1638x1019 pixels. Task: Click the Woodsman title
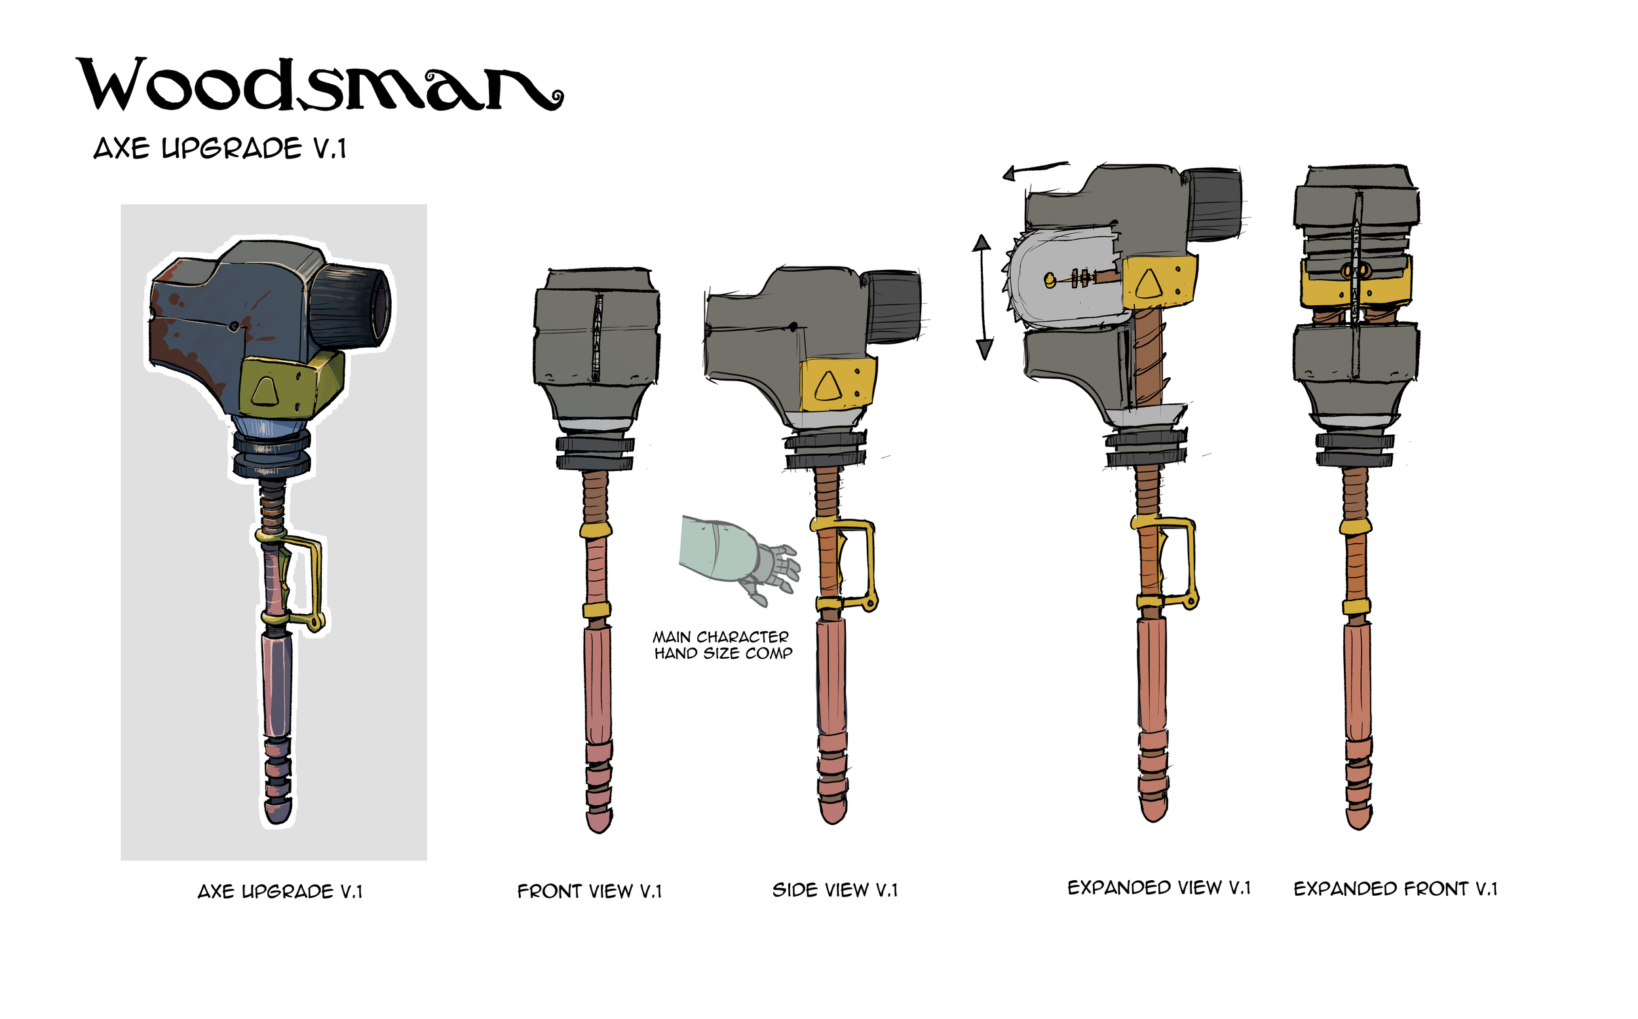tap(320, 84)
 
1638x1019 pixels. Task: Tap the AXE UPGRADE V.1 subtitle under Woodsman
tap(219, 148)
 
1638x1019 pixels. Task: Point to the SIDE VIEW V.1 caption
tap(835, 890)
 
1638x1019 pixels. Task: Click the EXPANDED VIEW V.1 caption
tap(1159, 887)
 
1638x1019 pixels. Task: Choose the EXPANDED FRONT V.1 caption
tap(1396, 889)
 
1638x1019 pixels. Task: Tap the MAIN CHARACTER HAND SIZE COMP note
tap(723, 645)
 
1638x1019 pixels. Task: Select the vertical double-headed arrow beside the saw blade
tap(983, 297)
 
